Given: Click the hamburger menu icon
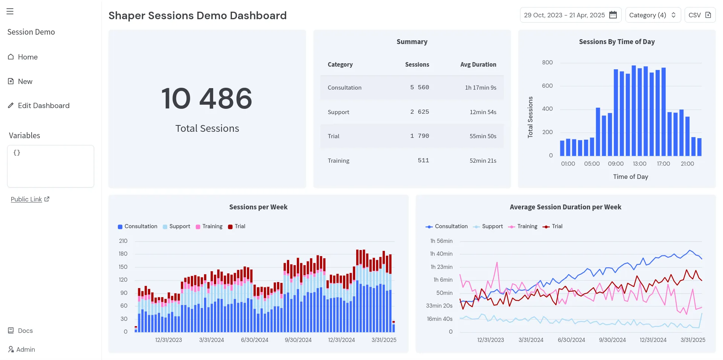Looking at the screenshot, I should (10, 11).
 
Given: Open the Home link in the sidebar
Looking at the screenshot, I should (27, 57).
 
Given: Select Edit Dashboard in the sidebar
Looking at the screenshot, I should (43, 105).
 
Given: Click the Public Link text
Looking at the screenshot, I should (26, 199).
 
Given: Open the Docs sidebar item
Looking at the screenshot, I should (25, 331).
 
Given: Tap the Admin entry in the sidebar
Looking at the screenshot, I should (25, 349).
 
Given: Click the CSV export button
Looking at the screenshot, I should (700, 15).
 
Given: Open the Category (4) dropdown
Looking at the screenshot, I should (653, 15).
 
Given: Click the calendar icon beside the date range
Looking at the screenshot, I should (613, 15).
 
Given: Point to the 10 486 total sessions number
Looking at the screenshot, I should (207, 99).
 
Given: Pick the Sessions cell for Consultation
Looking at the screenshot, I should (419, 87).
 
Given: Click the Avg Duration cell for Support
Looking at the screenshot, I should (483, 112).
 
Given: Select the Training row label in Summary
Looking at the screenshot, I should (339, 161).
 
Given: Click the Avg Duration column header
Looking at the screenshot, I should (478, 64).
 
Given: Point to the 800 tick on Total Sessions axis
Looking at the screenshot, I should (547, 63).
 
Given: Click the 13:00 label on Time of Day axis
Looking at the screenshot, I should (639, 164).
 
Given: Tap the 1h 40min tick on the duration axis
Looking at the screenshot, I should (441, 254).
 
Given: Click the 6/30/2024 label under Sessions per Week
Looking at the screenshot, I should (255, 340).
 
